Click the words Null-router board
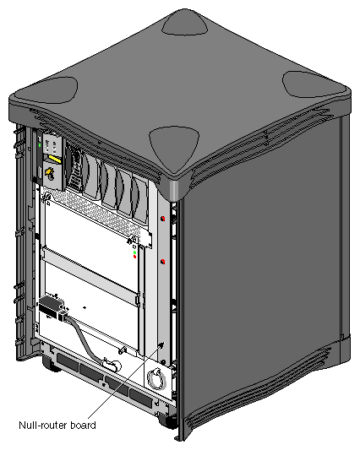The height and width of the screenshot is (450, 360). tap(57, 425)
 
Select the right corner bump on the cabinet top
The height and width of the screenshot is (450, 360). tap(312, 83)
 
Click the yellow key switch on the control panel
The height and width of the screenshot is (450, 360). tap(49, 173)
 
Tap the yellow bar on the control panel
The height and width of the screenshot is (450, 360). tap(55, 158)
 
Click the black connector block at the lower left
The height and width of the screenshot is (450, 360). tap(50, 306)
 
